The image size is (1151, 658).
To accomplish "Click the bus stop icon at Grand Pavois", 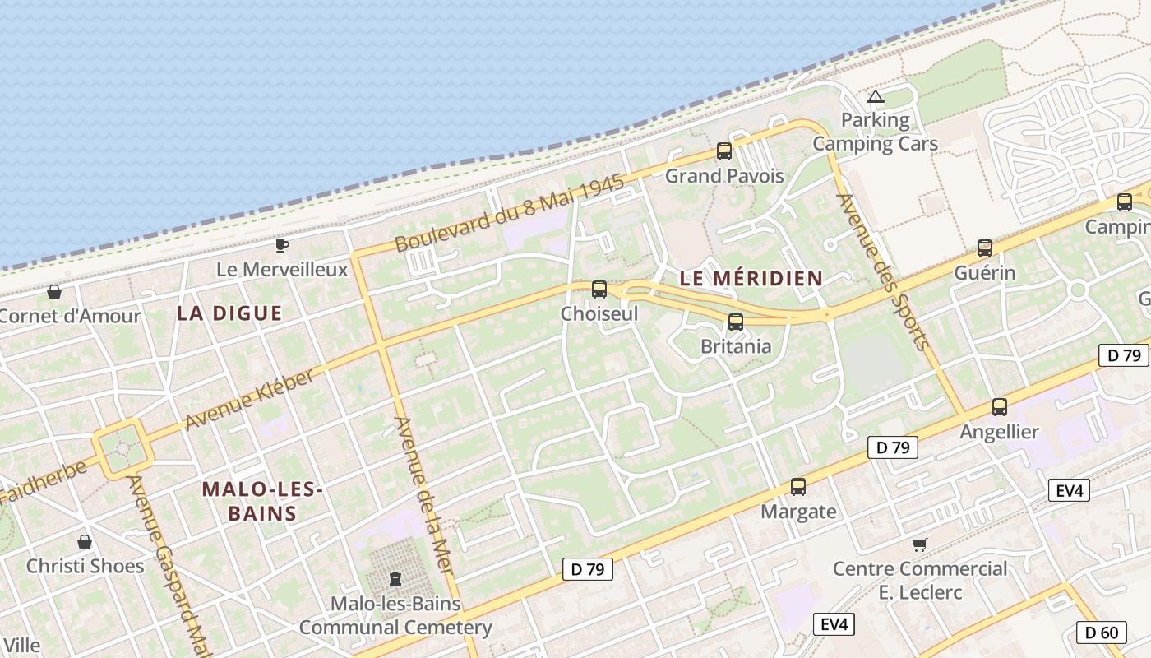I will (x=723, y=151).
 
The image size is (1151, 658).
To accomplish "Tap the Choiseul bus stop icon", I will (x=599, y=290).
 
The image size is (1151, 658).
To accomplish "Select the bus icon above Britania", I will (x=736, y=322).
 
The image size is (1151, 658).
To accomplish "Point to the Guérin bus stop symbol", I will (x=984, y=248).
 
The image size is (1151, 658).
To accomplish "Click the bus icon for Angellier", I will (x=1000, y=407).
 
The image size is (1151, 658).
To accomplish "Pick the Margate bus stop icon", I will (x=797, y=487).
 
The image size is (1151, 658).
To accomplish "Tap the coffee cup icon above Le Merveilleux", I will (x=282, y=245).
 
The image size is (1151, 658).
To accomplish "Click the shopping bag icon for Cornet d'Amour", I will (x=54, y=292).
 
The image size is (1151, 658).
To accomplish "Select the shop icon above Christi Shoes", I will (x=85, y=542).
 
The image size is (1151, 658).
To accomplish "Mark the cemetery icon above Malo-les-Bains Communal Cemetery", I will (x=395, y=579).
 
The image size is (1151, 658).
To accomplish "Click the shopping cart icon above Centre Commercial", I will (x=919, y=544).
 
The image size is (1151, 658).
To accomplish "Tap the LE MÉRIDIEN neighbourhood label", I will (x=751, y=279).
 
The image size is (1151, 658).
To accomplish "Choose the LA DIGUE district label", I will (x=229, y=313).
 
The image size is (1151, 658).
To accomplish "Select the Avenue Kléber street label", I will (x=249, y=400).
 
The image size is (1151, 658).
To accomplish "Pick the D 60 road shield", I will (x=1101, y=633).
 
